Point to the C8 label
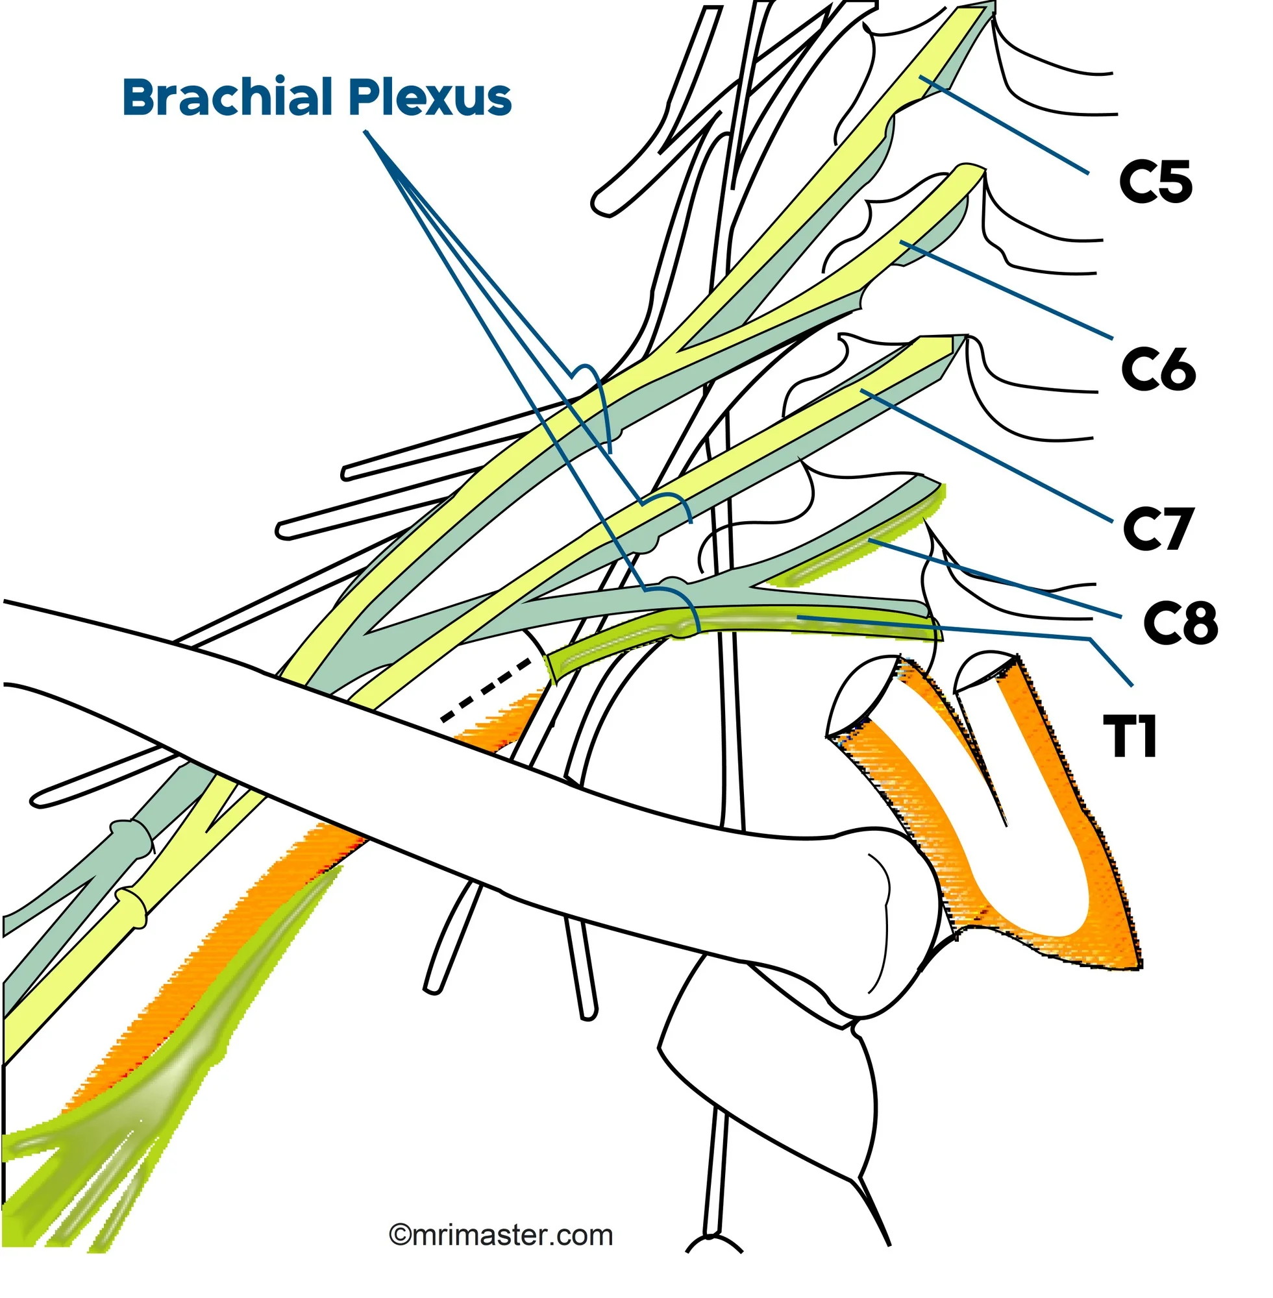pos(1180,623)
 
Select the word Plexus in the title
pos(430,97)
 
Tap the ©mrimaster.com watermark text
pos(501,1235)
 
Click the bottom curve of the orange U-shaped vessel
pos(1043,929)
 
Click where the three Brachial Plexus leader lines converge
pos(366,132)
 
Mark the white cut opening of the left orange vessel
pos(863,695)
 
